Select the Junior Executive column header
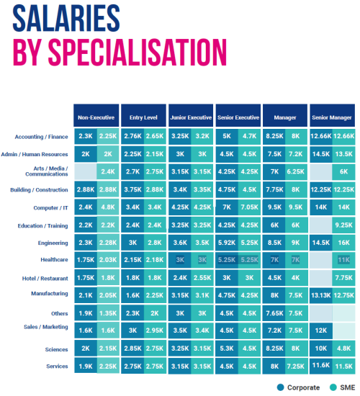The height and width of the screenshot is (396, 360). pos(191,117)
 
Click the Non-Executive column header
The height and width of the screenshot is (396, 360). pos(96,117)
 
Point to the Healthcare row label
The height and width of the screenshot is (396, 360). pos(55,260)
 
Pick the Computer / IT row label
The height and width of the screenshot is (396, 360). pos(51,207)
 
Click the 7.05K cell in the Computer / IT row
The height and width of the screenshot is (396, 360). pos(249,207)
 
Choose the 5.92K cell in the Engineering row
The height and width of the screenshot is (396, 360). pos(226,243)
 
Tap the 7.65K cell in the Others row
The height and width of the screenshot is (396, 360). pos(274,314)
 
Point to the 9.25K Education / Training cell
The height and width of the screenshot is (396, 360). pos(344,225)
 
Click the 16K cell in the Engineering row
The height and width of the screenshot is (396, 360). pos(344,243)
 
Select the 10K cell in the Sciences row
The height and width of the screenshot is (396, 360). pos(321,349)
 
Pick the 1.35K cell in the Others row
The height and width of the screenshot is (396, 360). pos(107,314)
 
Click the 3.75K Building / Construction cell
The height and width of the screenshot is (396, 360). pos(132,190)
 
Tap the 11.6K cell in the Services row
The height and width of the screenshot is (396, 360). pos(321,366)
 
